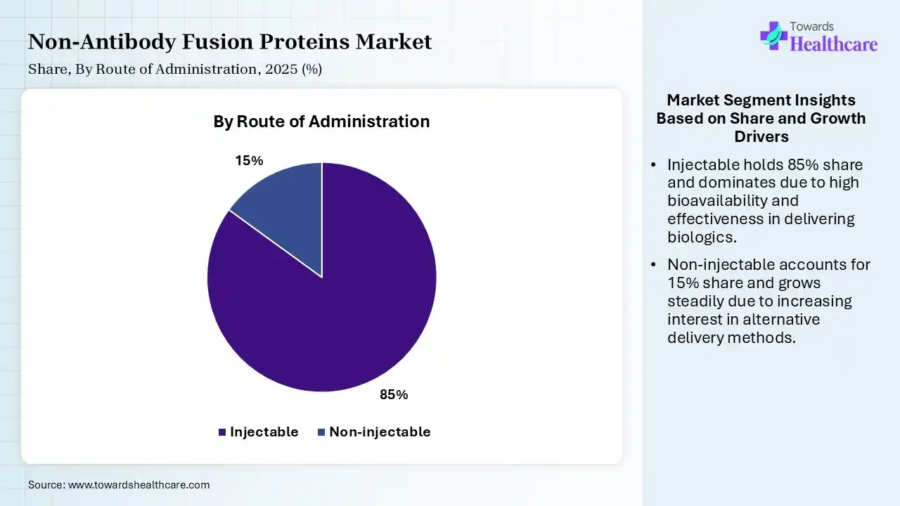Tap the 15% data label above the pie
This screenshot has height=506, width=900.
coord(249,161)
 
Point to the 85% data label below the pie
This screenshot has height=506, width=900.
coord(394,395)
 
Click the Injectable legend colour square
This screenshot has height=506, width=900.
coord(222,432)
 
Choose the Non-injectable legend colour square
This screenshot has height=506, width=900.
coord(321,432)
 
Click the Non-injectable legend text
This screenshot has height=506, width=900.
coord(380,432)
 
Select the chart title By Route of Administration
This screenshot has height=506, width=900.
coord(321,122)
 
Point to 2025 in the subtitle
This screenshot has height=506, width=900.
coord(281,69)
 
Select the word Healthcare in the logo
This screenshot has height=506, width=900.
coord(834,44)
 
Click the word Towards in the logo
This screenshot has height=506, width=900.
coord(811,27)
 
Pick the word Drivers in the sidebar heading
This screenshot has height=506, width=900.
coord(761,136)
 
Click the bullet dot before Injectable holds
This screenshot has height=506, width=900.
coord(654,164)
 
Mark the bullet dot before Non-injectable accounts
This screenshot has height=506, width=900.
coord(654,265)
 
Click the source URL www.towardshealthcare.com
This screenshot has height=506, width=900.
coord(139,485)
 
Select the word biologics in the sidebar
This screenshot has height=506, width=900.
coord(702,238)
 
